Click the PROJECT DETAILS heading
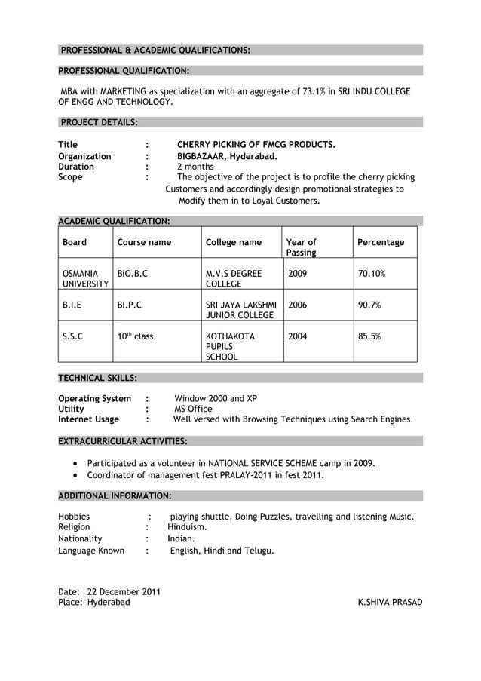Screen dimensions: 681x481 (98, 122)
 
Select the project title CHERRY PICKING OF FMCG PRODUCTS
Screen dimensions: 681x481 (256, 145)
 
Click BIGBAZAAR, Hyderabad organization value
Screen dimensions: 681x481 (226, 156)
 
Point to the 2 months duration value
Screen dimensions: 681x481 (195, 167)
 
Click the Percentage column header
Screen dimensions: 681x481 (380, 242)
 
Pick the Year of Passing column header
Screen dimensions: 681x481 (302, 247)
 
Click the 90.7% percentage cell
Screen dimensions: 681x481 (369, 305)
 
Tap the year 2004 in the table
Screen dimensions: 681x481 (297, 336)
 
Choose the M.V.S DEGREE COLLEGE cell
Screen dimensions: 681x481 (234, 278)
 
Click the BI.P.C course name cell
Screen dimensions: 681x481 (129, 305)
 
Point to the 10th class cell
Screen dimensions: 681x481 (135, 336)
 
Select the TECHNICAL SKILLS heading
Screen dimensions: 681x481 (97, 377)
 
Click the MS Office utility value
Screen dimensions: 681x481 (193, 409)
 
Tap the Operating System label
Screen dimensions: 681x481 (94, 398)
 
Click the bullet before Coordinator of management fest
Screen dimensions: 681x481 (76, 476)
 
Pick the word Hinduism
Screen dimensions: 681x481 (187, 527)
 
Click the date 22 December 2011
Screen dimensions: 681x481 (124, 591)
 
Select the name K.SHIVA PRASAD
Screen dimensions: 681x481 (390, 602)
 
